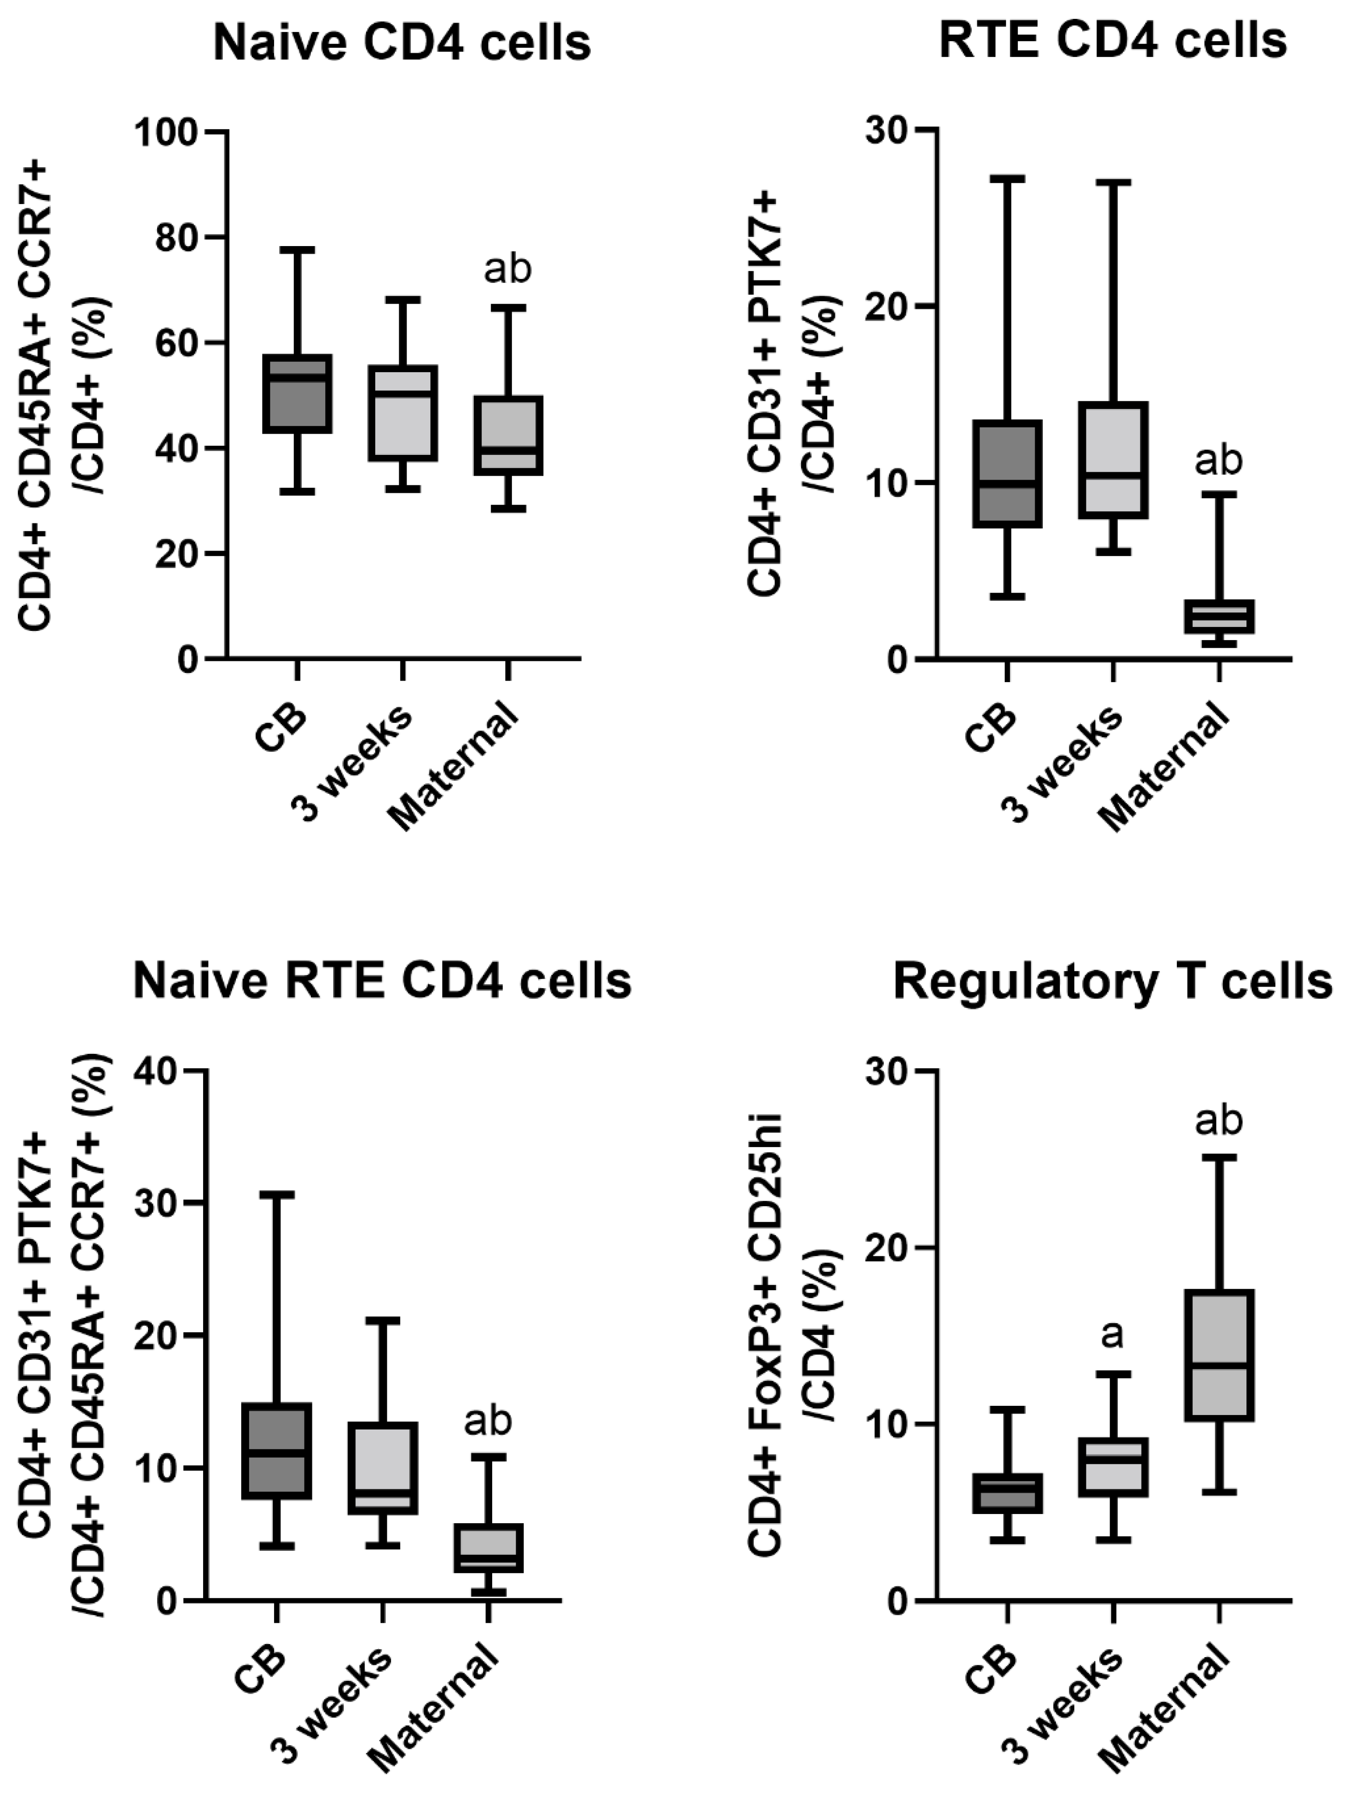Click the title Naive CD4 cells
click(402, 44)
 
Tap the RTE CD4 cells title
click(1113, 39)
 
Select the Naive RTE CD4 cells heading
click(382, 982)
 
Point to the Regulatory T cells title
click(1113, 982)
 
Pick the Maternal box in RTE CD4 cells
click(1218, 617)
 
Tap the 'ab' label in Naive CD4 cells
click(507, 269)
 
